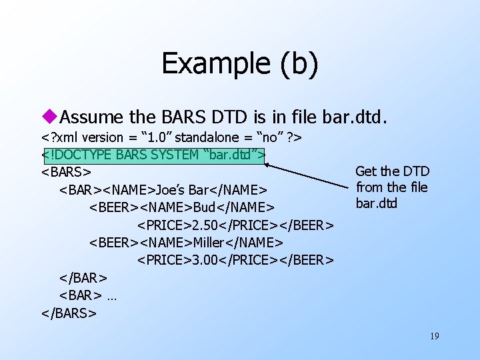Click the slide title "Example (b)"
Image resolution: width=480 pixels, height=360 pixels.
point(239,63)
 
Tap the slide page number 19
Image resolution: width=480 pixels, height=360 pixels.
point(434,336)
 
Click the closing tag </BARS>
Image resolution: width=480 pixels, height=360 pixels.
point(69,312)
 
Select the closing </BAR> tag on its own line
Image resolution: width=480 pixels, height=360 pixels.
point(83,277)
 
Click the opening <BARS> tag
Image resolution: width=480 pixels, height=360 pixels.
point(66,173)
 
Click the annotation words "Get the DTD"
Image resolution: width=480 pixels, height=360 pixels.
point(392,171)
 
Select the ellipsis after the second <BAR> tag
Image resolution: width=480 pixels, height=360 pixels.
point(111,295)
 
